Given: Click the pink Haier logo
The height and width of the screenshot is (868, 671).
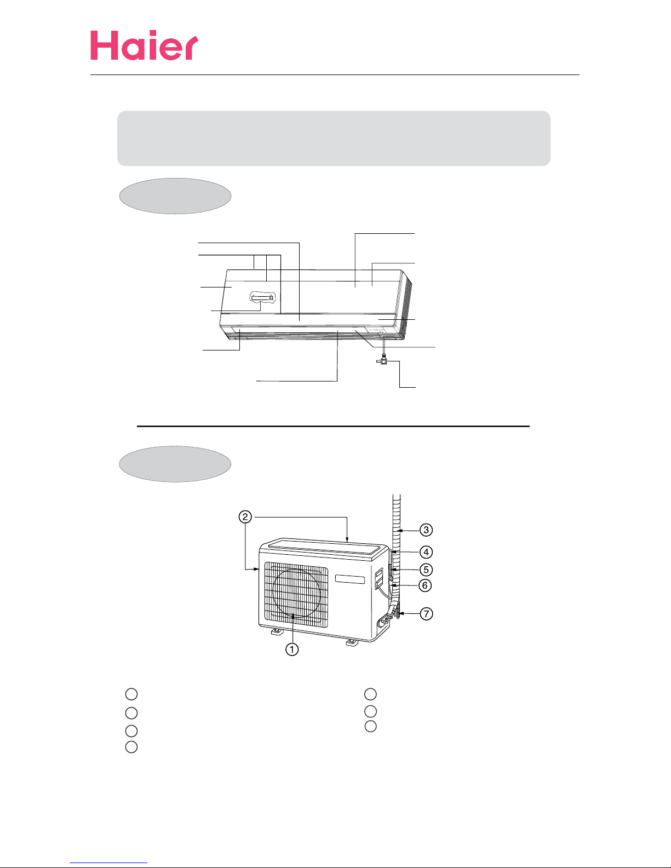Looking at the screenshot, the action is pos(144,45).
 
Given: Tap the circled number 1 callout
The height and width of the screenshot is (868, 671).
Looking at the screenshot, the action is pos(292,649).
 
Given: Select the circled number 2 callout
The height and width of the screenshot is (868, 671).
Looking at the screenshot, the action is pos(245,517).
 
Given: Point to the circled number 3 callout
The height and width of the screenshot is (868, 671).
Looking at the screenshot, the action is pos(426,530).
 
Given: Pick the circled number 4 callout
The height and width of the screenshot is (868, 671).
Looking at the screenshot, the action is pos(426,552).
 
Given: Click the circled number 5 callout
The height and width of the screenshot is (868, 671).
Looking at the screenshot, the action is pos(426,570).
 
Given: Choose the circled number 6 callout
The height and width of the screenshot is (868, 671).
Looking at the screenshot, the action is pos(425,585).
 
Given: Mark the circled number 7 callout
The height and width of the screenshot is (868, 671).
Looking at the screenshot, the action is pos(427,613).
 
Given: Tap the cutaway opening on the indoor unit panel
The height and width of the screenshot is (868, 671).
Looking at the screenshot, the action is pos(262,297).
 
